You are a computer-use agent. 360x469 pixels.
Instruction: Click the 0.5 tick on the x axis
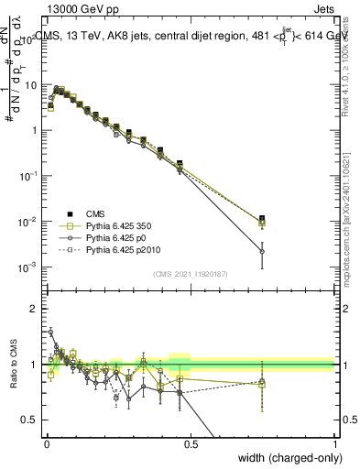(191, 444)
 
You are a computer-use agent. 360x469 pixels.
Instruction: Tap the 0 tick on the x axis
(47, 444)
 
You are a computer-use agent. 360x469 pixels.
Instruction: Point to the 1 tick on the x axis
(335, 444)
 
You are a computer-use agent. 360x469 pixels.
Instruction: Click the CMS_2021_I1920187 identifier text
(191, 274)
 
